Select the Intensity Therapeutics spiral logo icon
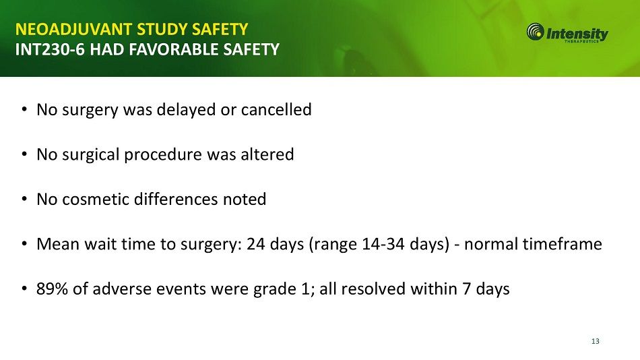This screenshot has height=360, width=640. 535,32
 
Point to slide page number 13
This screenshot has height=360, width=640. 595,341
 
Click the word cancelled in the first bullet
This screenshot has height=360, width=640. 276,109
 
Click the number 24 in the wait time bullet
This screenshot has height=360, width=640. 256,244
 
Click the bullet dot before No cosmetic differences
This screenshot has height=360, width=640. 24,200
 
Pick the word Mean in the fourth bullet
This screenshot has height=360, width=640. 58,244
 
